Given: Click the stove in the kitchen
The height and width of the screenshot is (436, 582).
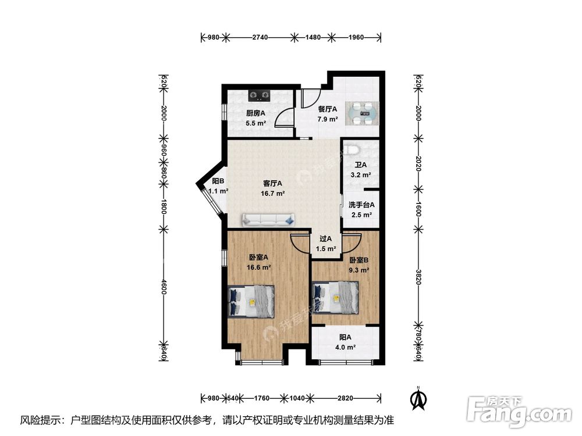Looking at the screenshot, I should pyautogui.click(x=260, y=94).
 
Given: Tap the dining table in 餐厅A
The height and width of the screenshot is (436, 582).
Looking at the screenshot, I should pyautogui.click(x=362, y=113).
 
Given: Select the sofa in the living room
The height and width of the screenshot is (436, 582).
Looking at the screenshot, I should pyautogui.click(x=268, y=219).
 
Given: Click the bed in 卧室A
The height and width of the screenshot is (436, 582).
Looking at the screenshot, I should pyautogui.click(x=251, y=301).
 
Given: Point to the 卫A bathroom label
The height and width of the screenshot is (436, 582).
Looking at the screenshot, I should pyautogui.click(x=361, y=165).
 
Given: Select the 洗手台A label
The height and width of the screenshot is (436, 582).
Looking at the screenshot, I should pyautogui.click(x=361, y=205).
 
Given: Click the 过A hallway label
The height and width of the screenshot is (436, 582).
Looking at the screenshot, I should pyautogui.click(x=325, y=238).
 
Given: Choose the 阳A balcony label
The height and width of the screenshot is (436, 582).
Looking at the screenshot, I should pyautogui.click(x=346, y=337).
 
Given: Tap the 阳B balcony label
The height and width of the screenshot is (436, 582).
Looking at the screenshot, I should pyautogui.click(x=218, y=181).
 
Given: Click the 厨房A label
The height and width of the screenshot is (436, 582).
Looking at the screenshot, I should pyautogui.click(x=255, y=113).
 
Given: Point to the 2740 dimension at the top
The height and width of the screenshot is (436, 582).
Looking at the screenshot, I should pyautogui.click(x=260, y=37).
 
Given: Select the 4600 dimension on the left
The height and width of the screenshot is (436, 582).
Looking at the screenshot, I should pyautogui.click(x=164, y=287).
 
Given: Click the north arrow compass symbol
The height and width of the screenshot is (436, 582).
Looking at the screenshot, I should pyautogui.click(x=417, y=398).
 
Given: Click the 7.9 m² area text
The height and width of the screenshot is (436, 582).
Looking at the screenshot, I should pyautogui.click(x=328, y=119).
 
